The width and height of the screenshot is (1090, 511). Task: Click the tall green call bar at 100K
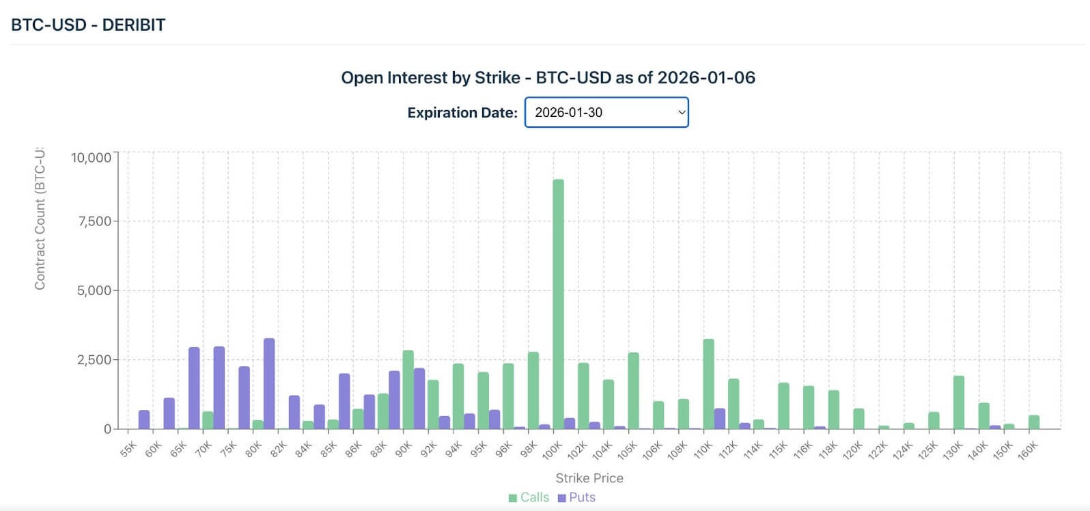pos(558,304)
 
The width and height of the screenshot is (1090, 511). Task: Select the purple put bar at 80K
pos(269,383)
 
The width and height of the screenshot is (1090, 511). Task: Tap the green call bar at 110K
pos(708,384)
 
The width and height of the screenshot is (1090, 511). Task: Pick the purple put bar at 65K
pos(194,388)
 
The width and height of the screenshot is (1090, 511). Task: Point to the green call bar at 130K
pos(958,402)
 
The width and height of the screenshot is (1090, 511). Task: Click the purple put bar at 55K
pos(144,419)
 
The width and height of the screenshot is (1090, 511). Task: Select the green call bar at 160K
pos(1033,422)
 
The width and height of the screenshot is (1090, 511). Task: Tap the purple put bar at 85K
pos(344,401)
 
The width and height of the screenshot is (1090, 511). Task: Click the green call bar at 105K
pos(633,391)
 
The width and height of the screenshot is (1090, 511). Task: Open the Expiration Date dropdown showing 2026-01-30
pos(606,112)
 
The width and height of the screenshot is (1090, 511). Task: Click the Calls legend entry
pos(529,497)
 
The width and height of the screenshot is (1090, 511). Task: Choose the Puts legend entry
pos(576,497)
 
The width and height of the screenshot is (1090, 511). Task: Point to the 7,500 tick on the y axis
pos(92,221)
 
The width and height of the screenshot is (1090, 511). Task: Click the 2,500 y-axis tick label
pos(92,360)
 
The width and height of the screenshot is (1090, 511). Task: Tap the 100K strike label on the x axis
pos(552,450)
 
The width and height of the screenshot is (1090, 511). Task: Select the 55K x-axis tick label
pos(128,450)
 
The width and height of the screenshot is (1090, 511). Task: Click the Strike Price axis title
pos(589,478)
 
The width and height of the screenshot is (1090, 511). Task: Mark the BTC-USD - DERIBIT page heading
pos(89,25)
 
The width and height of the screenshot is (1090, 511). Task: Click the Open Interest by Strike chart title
pos(548,78)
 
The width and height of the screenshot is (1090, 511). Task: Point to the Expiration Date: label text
pos(462,113)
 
